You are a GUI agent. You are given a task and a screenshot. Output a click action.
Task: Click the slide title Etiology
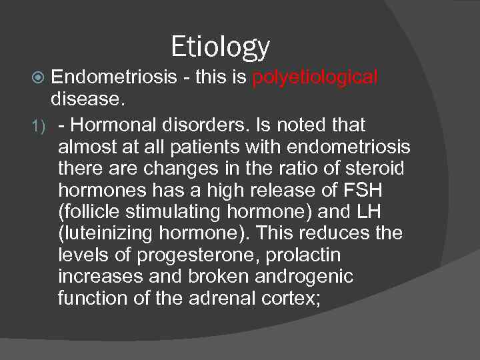tap(221, 47)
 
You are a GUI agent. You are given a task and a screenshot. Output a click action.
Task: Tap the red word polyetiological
tap(315, 78)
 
